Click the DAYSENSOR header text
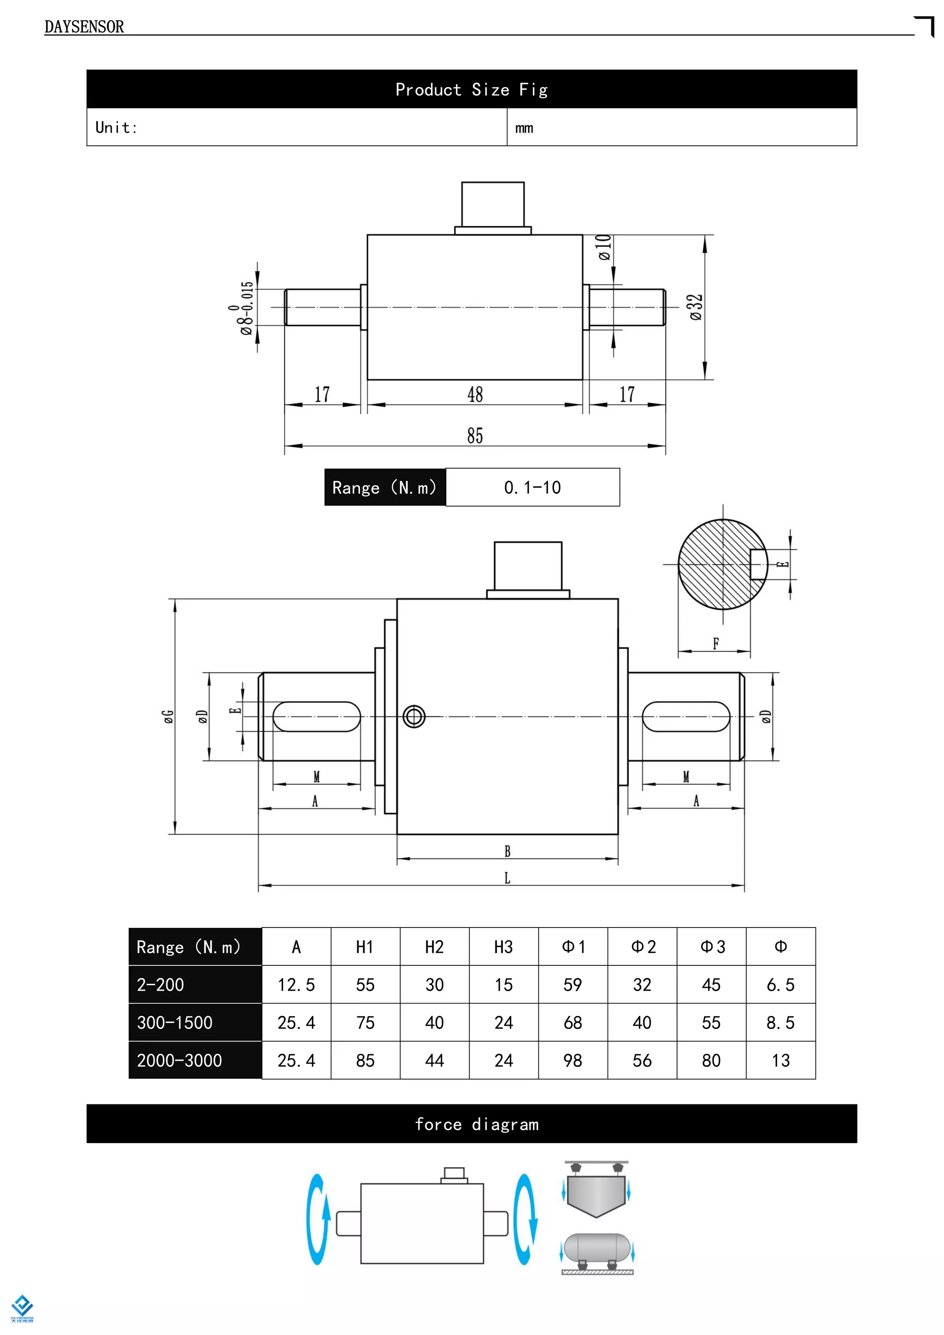[x=84, y=27]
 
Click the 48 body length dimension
[x=475, y=395]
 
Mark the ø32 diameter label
[x=696, y=307]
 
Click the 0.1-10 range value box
[x=532, y=487]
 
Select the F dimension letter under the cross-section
[x=715, y=644]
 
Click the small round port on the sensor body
[x=414, y=716]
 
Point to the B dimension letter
[x=507, y=851]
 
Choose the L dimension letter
[x=507, y=878]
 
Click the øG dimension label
[x=168, y=716]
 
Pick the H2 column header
[x=434, y=947]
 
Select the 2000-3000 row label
[x=180, y=1061]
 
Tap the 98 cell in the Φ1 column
[x=572, y=1061]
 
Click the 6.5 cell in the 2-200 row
[x=780, y=985]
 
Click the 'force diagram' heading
[x=477, y=1124]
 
